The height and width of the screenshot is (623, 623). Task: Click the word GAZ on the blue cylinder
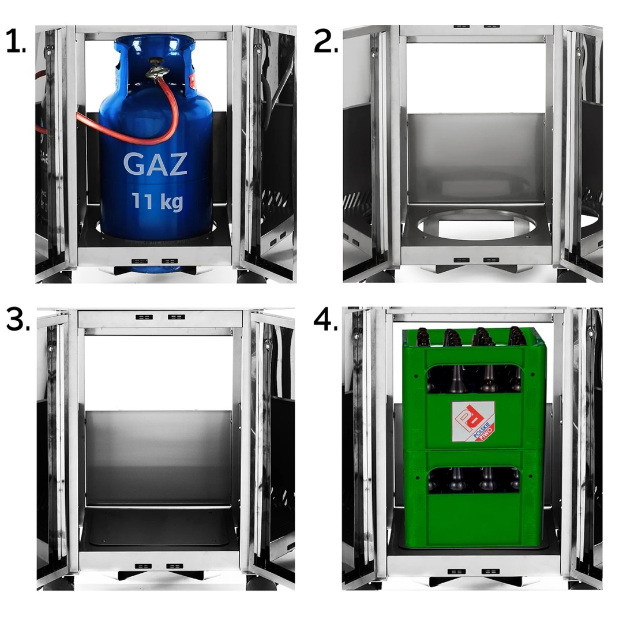click(155, 163)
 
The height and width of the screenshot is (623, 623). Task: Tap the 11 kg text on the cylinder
click(157, 201)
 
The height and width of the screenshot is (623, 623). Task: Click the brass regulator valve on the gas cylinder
click(157, 69)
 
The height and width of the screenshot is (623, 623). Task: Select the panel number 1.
click(16, 42)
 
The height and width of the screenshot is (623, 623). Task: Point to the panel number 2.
click(325, 42)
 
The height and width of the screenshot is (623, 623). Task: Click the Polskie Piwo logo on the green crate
click(474, 421)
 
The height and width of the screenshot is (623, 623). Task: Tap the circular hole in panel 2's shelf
click(476, 224)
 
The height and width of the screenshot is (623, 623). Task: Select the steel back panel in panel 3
click(159, 457)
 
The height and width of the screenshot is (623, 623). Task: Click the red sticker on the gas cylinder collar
click(193, 81)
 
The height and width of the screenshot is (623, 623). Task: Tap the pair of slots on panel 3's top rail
click(160, 317)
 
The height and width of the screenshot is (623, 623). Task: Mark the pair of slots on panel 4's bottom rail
click(473, 571)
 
